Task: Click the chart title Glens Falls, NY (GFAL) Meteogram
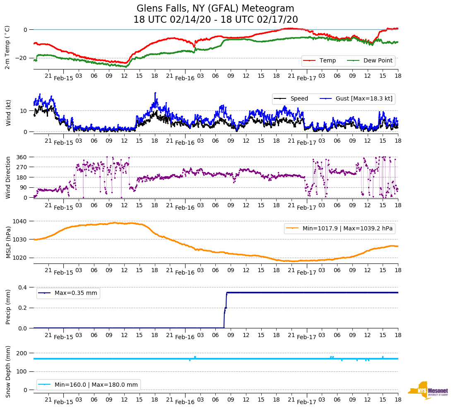coord(215,9)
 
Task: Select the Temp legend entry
coord(328,61)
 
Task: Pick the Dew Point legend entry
coord(378,61)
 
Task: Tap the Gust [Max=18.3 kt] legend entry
coord(364,99)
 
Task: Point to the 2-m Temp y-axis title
coord(7,47)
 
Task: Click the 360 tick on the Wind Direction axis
coord(22,157)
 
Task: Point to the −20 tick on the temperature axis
coord(21,58)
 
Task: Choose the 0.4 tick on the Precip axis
coord(23,287)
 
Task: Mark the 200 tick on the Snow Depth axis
coord(22,353)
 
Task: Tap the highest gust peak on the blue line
coord(155,93)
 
